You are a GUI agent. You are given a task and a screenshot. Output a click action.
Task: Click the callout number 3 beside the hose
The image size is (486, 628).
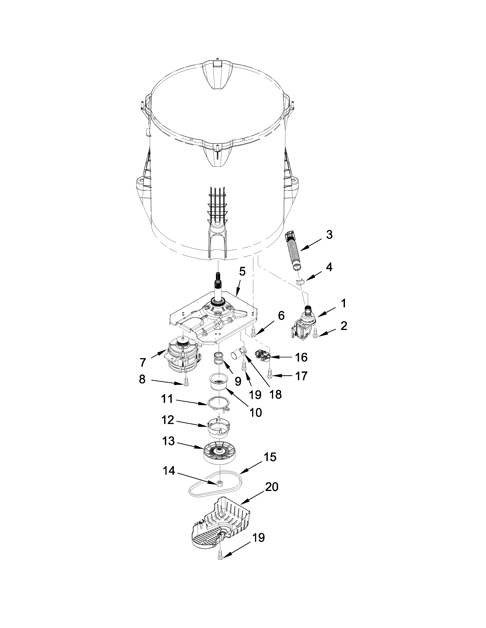tap(329, 235)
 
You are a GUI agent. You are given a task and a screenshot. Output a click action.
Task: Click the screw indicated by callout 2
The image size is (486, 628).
tap(316, 334)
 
